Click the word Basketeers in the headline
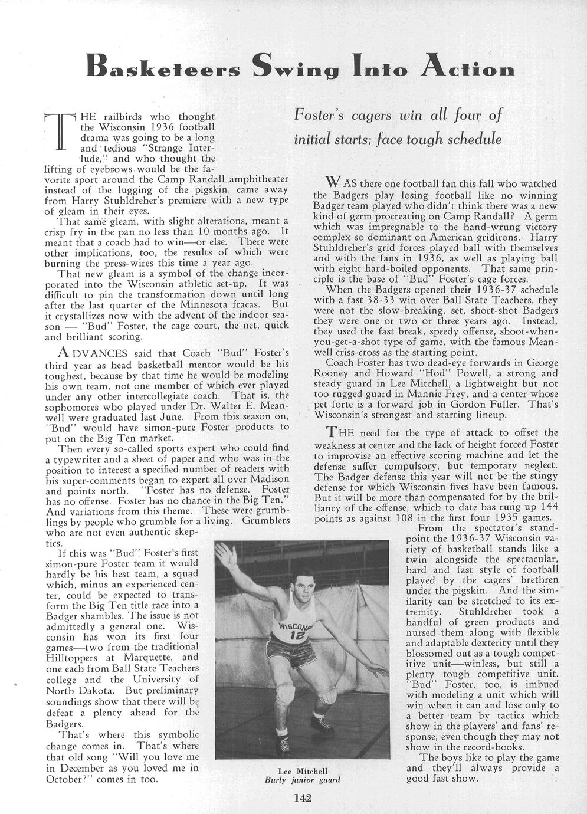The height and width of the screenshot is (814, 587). click(162, 67)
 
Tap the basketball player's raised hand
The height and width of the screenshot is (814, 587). click(224, 555)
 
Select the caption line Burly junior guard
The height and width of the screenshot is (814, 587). click(302, 779)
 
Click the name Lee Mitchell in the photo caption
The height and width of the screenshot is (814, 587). click(302, 770)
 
